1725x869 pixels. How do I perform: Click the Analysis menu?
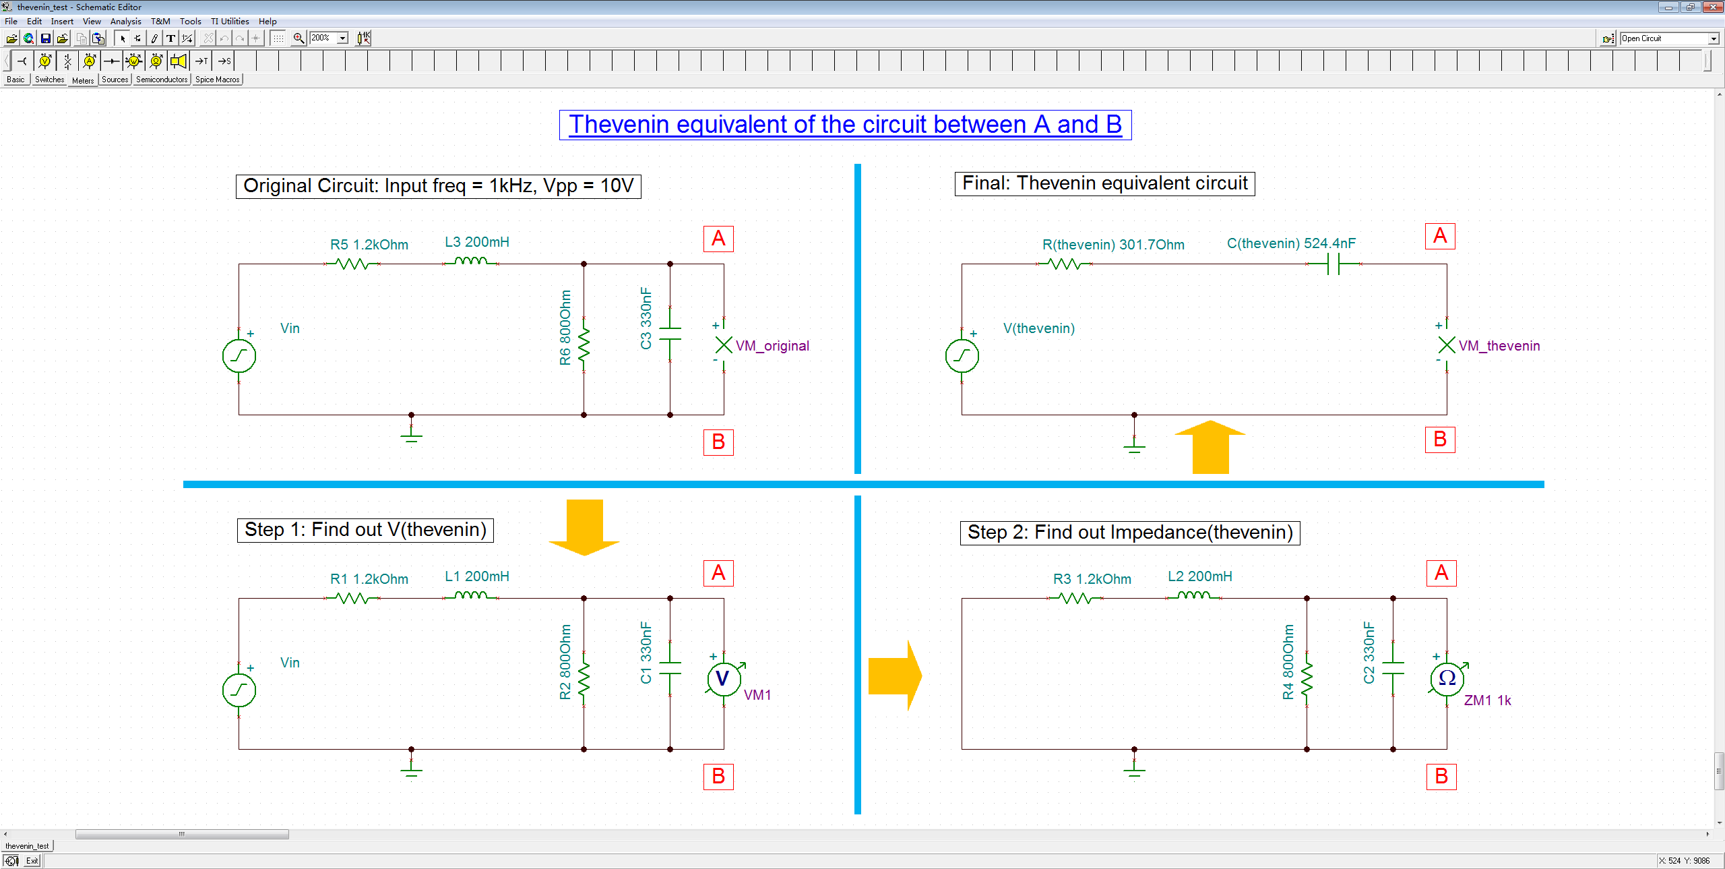coord(125,21)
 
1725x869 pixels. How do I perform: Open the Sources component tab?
coord(115,80)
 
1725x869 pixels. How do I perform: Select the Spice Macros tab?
coord(217,80)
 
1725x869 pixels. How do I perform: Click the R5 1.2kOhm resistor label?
coord(369,245)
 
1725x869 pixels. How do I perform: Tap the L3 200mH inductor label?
coord(476,242)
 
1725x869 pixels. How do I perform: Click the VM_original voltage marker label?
coord(772,346)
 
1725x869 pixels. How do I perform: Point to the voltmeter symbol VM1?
coord(723,678)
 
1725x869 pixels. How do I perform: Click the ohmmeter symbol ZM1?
coord(1446,678)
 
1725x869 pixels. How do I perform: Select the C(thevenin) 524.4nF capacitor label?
coord(1290,243)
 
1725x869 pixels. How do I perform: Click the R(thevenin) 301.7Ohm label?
coord(1112,245)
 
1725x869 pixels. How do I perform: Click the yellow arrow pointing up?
coord(1210,447)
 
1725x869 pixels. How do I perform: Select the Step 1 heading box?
coord(365,530)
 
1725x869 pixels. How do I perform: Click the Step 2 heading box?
coord(1129,533)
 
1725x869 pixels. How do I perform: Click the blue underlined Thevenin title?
coord(845,125)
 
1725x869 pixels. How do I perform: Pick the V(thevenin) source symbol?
coord(962,356)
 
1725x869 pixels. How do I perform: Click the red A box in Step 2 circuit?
coord(1441,573)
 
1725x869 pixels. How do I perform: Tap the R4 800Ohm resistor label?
coord(1288,662)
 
